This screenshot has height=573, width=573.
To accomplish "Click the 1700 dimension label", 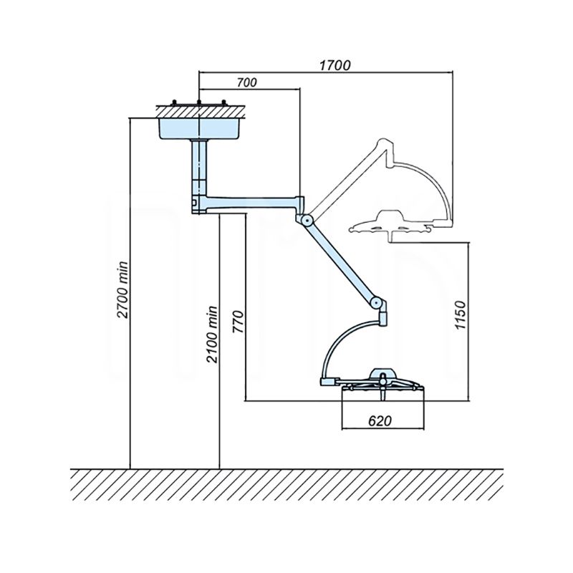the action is coord(334,65).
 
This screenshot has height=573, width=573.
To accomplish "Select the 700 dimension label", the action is coord(246,82).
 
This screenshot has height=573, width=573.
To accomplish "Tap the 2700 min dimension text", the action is coord(122,290).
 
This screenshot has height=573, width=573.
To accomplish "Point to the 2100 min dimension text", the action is coord(212,334).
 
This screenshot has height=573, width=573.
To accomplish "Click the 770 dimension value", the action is coord(239,322).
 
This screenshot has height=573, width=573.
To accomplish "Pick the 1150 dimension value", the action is coord(461,315).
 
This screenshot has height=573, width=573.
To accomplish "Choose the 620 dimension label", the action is coord(380,421).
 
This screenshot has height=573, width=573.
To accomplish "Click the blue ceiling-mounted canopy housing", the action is coord(199,128).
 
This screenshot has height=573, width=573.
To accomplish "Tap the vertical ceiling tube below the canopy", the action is coord(199,167).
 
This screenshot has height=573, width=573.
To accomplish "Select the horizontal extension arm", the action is coord(249,204).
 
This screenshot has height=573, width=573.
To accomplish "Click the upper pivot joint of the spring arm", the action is coord(307,220).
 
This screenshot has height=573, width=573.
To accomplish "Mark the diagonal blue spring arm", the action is coord(342,261).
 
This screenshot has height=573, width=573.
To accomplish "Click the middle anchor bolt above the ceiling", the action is coord(199,103).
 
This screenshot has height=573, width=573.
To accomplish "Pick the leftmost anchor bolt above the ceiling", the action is coord(174,103).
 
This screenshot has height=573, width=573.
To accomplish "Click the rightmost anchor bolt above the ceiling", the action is coord(224,103).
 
